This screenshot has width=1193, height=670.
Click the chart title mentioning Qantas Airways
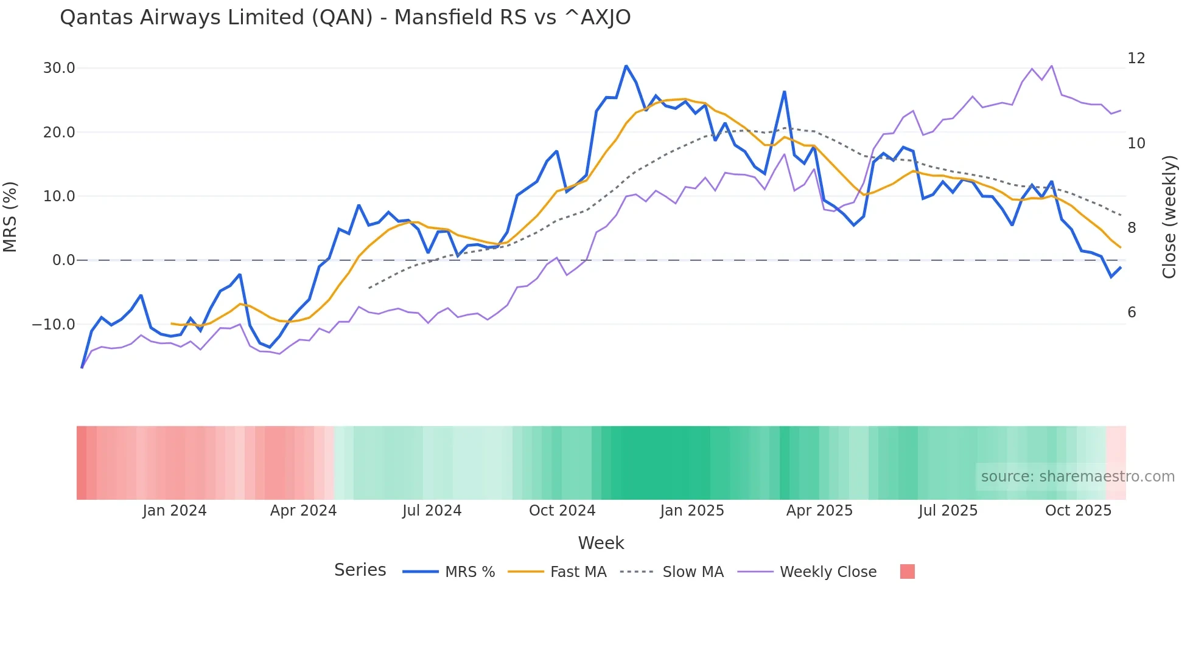click(345, 18)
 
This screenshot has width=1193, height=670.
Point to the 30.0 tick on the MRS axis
click(59, 68)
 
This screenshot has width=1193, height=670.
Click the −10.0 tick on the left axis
click(54, 325)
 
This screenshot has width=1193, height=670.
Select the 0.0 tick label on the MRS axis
click(63, 260)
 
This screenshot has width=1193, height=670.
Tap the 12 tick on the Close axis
click(1136, 58)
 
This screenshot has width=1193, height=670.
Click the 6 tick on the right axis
click(1132, 313)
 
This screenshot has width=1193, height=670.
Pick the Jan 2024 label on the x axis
click(175, 511)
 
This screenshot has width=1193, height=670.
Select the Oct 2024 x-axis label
click(562, 511)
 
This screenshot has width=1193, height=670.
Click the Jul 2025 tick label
click(948, 511)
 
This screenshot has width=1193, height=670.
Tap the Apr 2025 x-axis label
click(819, 511)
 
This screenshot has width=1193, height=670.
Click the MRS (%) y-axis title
click(10, 217)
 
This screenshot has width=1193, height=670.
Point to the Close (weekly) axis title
click(1169, 217)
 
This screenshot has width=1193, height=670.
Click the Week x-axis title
click(601, 543)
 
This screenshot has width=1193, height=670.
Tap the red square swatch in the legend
click(907, 572)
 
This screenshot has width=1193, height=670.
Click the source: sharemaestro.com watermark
click(1077, 477)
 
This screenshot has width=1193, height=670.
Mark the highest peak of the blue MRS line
click(626, 66)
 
